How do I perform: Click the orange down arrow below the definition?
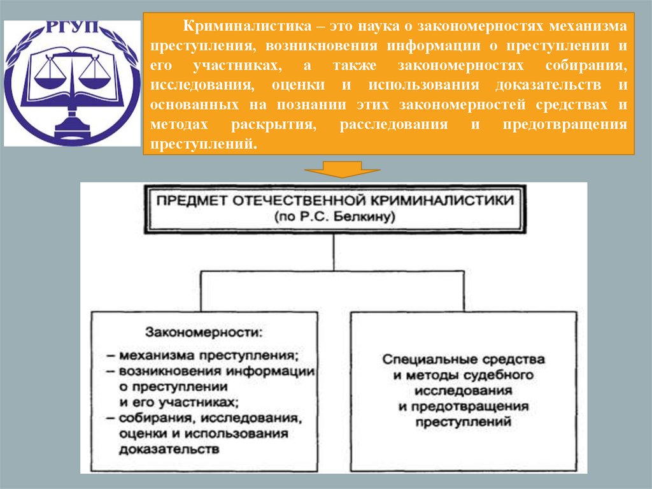[x=342, y=169]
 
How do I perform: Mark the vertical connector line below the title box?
[x=333, y=254]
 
